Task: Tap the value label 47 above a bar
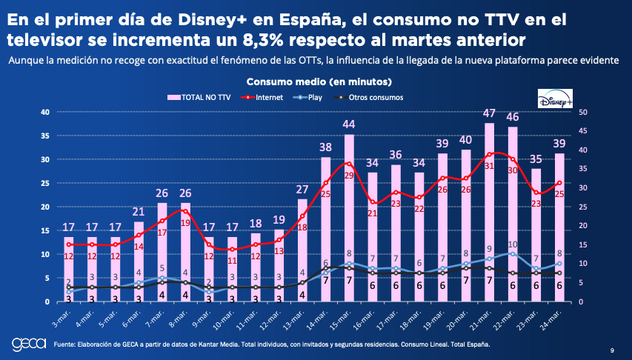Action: tap(489, 113)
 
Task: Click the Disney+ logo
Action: tap(556, 99)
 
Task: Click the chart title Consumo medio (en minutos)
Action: tap(319, 81)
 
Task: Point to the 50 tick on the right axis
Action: tap(583, 112)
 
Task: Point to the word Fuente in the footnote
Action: tap(64, 344)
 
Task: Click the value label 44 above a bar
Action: tap(349, 124)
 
